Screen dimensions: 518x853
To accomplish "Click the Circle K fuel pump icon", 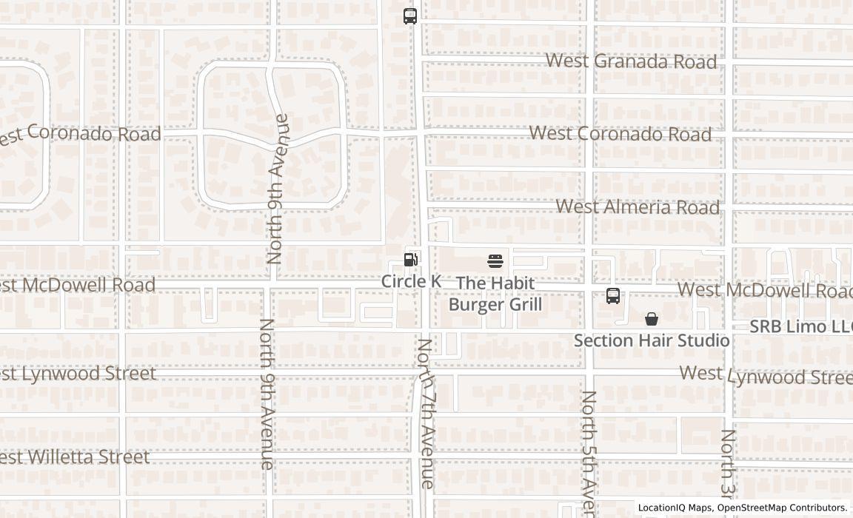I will click(410, 260).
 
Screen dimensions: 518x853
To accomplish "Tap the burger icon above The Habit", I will click(495, 261).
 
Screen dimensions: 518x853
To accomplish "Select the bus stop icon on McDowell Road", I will click(613, 296).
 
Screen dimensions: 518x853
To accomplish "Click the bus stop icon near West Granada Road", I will click(410, 16).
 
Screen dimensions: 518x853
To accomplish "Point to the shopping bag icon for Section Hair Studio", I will click(652, 319).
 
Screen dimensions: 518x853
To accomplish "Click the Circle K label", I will click(411, 281).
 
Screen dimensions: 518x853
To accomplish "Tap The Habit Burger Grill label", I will click(495, 294).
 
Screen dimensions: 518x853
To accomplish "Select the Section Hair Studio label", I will click(652, 340).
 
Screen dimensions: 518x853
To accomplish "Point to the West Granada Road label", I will click(631, 61).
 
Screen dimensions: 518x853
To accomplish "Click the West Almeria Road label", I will click(638, 206).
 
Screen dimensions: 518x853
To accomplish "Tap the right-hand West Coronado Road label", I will click(620, 134).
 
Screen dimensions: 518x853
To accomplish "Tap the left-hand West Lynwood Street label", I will click(78, 373).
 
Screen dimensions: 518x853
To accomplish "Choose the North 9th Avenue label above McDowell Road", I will click(275, 189).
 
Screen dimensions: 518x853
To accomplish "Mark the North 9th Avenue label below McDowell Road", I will click(267, 394).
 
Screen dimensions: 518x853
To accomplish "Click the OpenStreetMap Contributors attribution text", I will click(782, 508).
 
